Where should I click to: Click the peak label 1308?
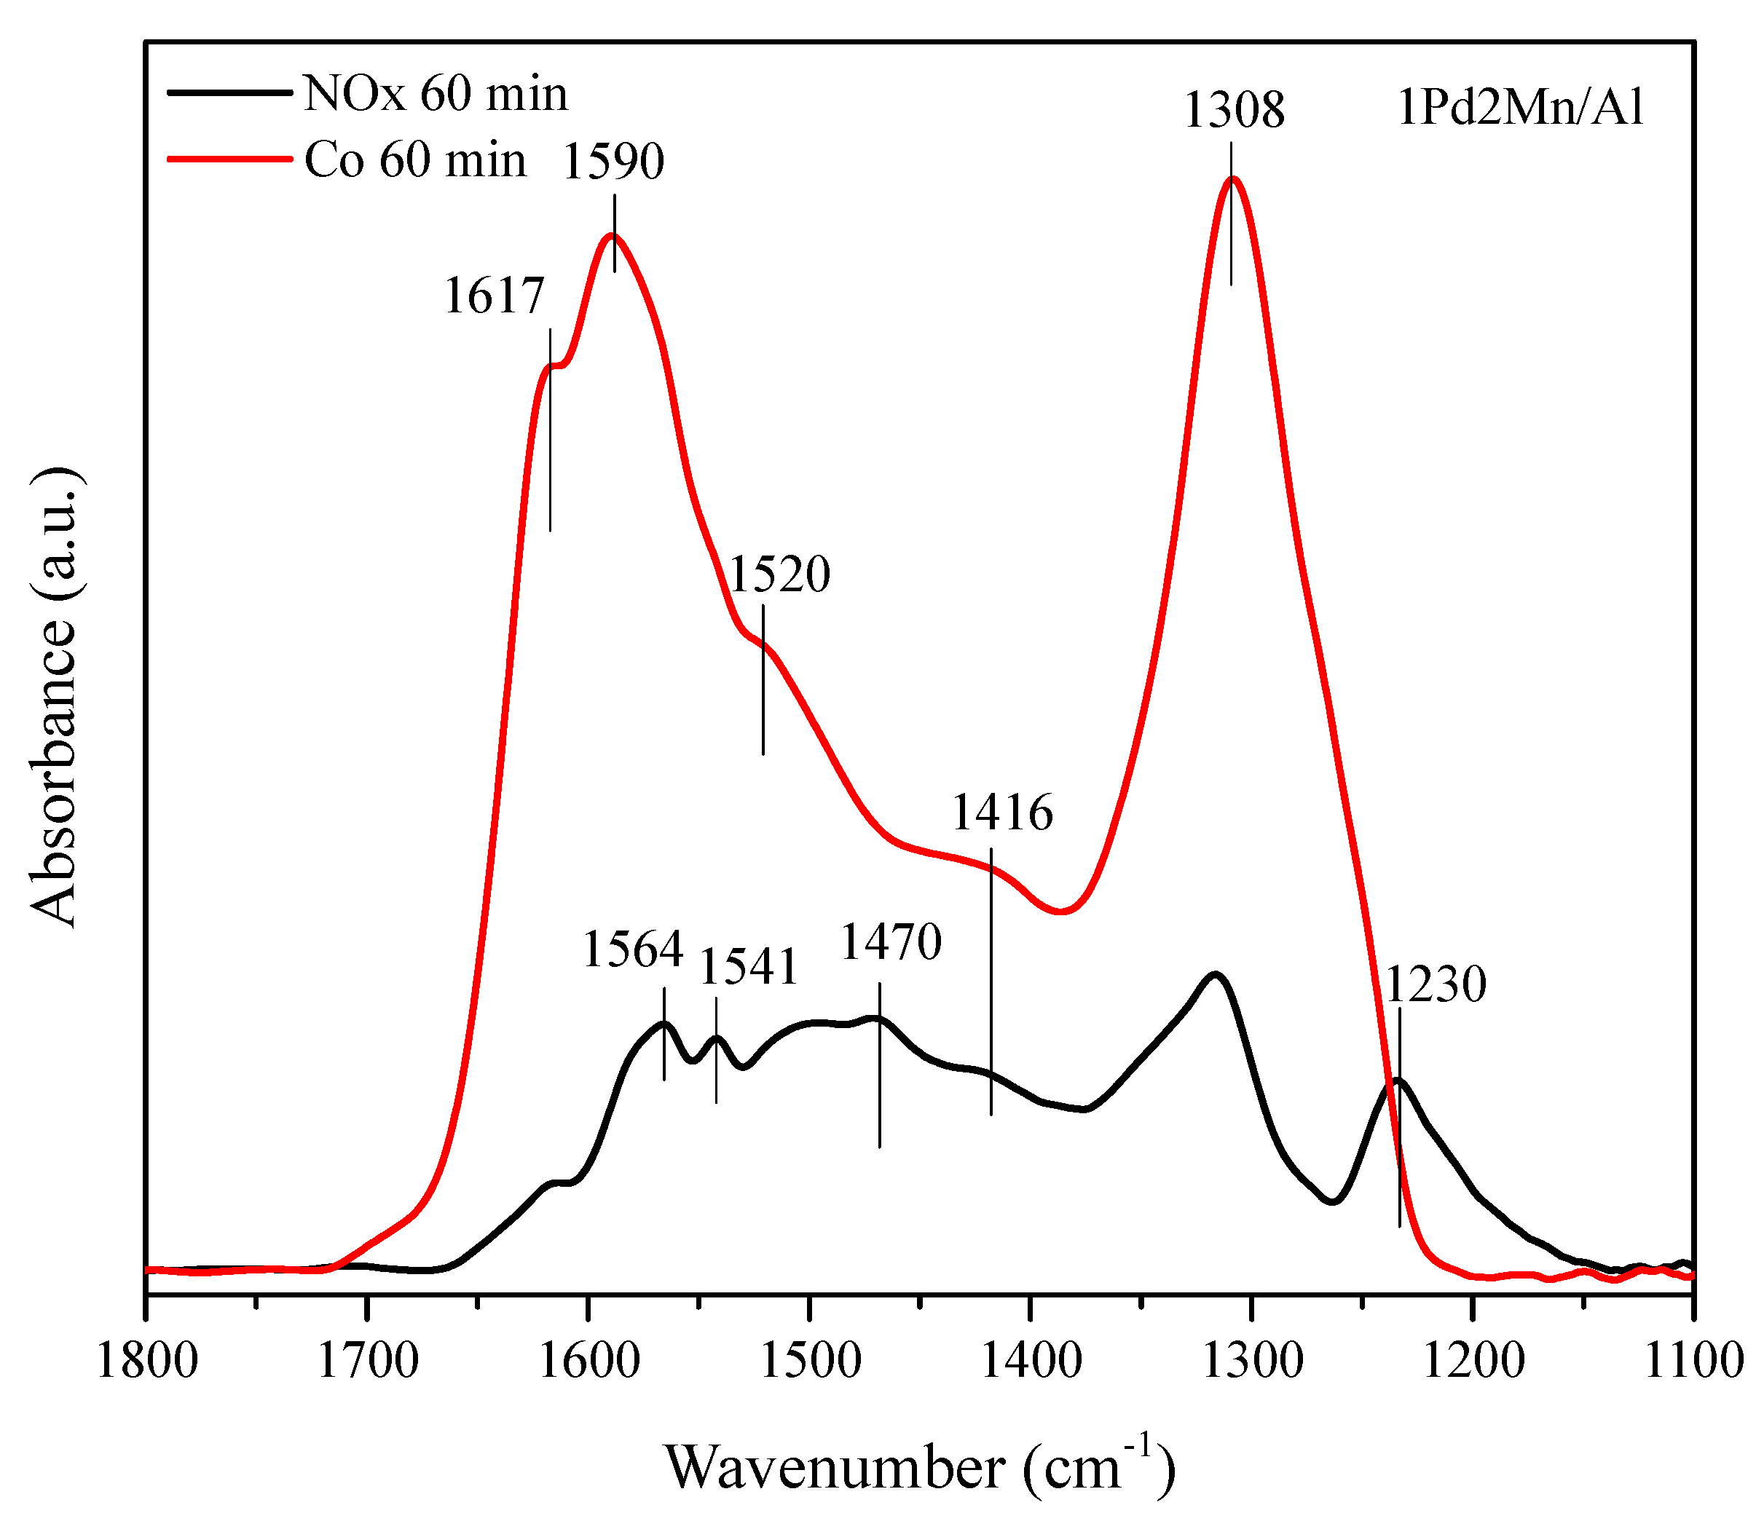point(1234,111)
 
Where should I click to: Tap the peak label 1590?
point(613,161)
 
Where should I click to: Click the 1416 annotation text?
point(1002,813)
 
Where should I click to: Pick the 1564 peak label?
point(633,949)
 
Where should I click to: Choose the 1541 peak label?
point(748,967)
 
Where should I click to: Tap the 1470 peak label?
point(891,941)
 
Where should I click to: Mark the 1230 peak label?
point(1436,984)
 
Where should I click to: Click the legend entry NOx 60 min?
point(435,93)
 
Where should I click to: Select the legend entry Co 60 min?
point(414,159)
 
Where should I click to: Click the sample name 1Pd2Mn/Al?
point(1520,108)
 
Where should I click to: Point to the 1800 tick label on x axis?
point(147,1362)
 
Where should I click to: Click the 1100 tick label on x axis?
point(1693,1362)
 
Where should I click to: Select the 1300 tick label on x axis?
point(1251,1362)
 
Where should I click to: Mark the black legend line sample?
point(229,92)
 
